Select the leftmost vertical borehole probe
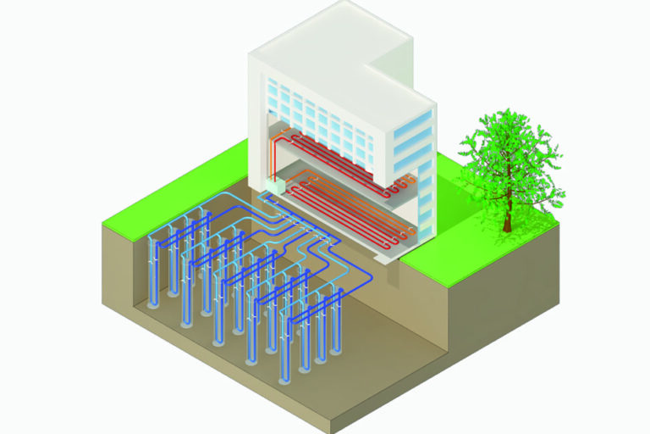(155, 271)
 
